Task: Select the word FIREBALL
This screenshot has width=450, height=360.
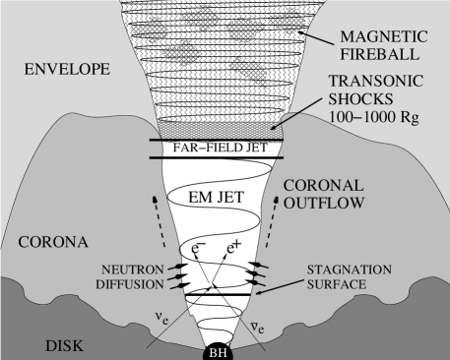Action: tap(381, 57)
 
